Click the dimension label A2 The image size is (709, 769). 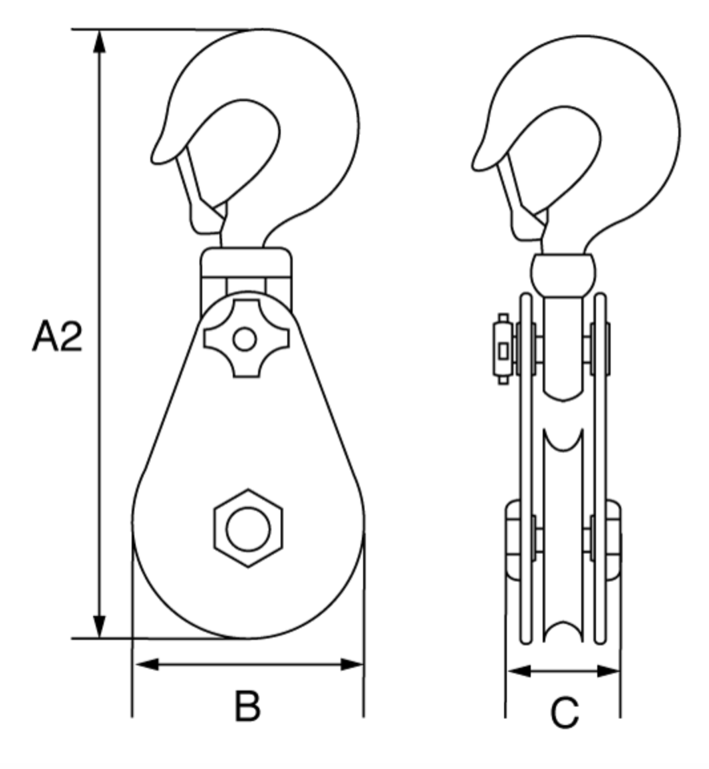[x=57, y=337]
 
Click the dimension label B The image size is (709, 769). [x=247, y=706]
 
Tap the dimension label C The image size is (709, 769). [x=564, y=713]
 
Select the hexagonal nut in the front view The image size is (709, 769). [x=248, y=529]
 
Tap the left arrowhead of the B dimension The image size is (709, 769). [x=145, y=664]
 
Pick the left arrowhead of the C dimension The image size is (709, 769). [x=517, y=671]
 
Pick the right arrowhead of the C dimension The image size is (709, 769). [x=609, y=671]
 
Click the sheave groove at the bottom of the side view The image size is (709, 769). [x=563, y=632]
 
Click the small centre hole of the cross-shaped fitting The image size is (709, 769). [x=245, y=340]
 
